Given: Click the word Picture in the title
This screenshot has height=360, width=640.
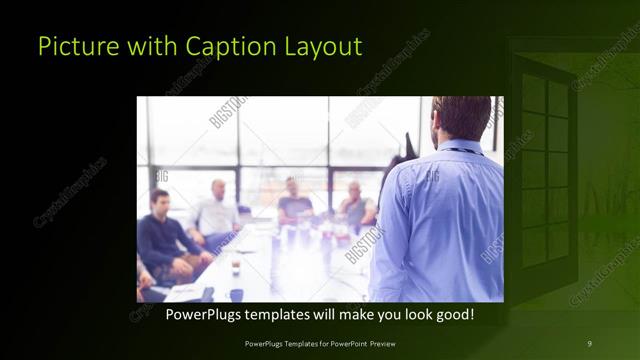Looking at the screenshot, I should pyautogui.click(x=72, y=46).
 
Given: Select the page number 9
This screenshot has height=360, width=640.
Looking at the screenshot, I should pyautogui.click(x=589, y=344).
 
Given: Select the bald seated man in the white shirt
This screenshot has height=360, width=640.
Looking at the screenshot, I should pyautogui.click(x=215, y=210).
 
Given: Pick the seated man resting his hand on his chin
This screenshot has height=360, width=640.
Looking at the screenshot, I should pyautogui.click(x=355, y=205).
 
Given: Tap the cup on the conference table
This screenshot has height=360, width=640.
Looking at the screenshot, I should pyautogui.click(x=235, y=268).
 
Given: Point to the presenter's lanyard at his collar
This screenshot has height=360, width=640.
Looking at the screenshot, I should pyautogui.click(x=462, y=151).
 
